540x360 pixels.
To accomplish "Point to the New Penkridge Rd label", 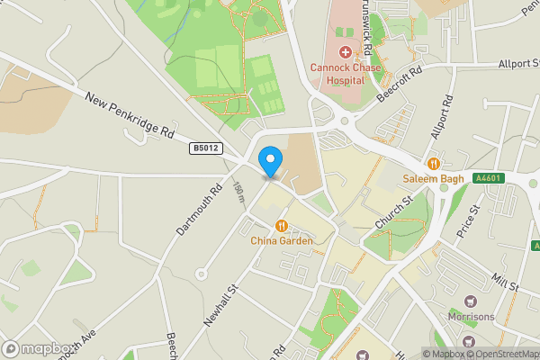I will [x=130, y=118].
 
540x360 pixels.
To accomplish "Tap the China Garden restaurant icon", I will [x=282, y=226].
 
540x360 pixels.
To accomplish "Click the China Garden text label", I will [x=282, y=241].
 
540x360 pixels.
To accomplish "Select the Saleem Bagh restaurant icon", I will [x=434, y=163].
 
